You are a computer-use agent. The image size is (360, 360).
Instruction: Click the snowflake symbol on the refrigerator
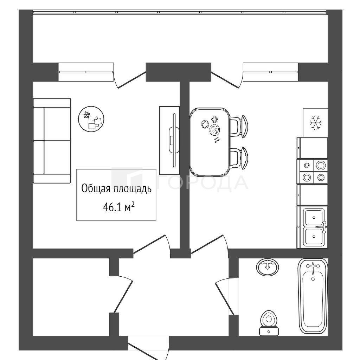316,123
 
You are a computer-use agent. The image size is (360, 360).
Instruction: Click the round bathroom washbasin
268,267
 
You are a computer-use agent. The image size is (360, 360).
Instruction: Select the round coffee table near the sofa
91,119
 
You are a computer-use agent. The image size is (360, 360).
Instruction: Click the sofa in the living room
52,141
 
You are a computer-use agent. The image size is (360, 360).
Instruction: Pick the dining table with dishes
210,142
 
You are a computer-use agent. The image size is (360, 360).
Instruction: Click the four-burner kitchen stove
313,172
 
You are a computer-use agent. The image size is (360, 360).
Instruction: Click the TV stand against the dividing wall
169,140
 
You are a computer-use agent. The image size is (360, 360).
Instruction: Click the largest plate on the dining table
215,130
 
